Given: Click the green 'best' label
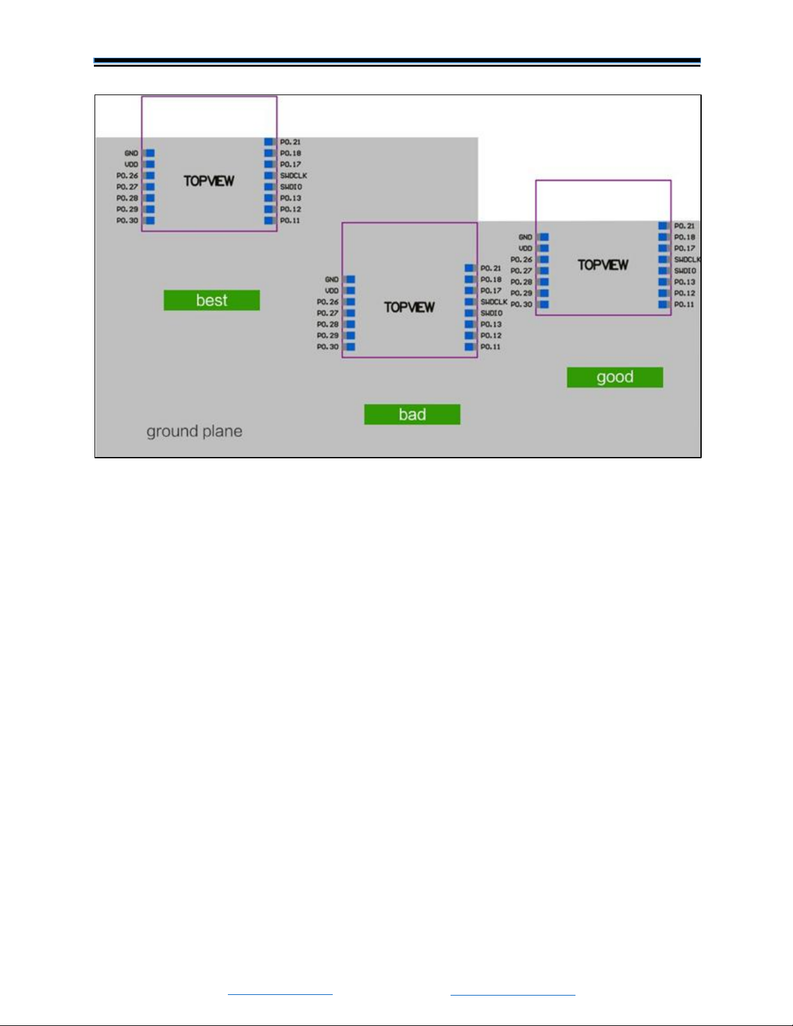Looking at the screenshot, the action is (x=212, y=300).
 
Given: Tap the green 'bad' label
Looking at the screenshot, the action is (x=412, y=414).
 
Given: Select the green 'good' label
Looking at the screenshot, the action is (x=615, y=377).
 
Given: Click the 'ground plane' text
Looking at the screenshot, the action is (x=194, y=431).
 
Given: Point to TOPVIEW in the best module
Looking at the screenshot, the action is (x=208, y=181).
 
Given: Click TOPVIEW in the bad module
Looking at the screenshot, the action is (x=409, y=307).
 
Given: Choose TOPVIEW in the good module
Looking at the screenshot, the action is (x=603, y=265).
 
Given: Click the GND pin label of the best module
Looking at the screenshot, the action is (x=131, y=153).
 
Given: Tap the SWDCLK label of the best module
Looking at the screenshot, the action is (x=293, y=176).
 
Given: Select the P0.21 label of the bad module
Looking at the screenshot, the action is (x=491, y=268).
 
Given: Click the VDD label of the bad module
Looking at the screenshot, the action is (x=331, y=291).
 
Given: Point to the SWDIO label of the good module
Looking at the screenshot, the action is (x=685, y=271).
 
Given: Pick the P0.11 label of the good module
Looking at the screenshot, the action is (x=684, y=305).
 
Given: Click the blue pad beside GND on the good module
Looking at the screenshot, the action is (x=544, y=238).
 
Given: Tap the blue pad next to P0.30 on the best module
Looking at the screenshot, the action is (x=150, y=221).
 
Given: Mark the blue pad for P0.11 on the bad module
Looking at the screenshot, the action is (x=470, y=347).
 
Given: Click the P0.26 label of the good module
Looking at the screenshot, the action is (x=521, y=260).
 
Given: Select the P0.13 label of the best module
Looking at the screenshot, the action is (x=291, y=198).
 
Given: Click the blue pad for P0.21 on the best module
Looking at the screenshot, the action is (x=269, y=142).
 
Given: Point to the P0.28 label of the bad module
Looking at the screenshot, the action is (x=328, y=324).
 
